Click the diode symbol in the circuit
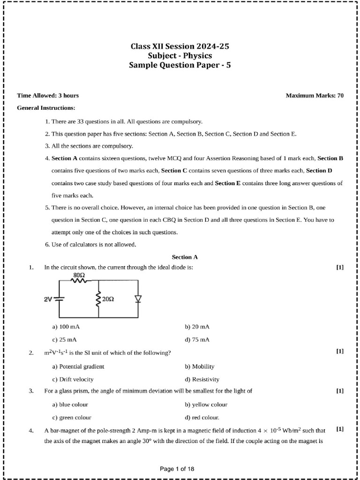click(x=138, y=299)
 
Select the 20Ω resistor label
click(x=108, y=299)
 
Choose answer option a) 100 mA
click(x=63, y=326)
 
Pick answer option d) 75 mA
click(x=197, y=339)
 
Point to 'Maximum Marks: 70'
click(x=315, y=96)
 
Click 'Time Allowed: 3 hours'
click(x=48, y=96)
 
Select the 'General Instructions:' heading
click(x=46, y=108)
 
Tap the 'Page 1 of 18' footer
click(x=177, y=468)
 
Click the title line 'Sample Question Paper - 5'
click(x=180, y=66)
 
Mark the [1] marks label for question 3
click(x=340, y=390)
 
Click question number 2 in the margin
click(x=31, y=353)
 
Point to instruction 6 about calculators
click(x=90, y=245)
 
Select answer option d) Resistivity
click(x=202, y=379)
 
